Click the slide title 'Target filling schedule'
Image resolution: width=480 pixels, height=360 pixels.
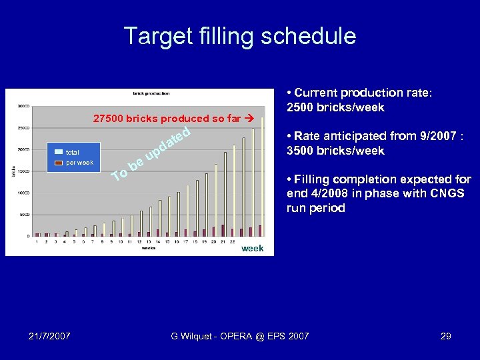pyautogui.click(x=240, y=36)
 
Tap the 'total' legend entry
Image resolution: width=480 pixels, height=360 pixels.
pyautogui.click(x=72, y=153)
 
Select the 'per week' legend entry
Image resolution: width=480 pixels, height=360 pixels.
pyautogui.click(x=79, y=163)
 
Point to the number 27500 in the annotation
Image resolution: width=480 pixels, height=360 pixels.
pyautogui.click(x=107, y=119)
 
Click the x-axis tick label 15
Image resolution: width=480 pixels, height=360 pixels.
pyautogui.click(x=167, y=243)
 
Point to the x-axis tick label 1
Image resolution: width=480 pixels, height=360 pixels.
pyautogui.click(x=37, y=243)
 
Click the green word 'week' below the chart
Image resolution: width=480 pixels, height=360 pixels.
pyautogui.click(x=252, y=249)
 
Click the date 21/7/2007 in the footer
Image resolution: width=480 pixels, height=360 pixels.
pyautogui.click(x=51, y=336)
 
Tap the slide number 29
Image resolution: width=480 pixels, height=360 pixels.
pyautogui.click(x=445, y=336)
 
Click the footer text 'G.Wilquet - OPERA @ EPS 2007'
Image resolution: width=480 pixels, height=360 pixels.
pyautogui.click(x=240, y=336)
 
